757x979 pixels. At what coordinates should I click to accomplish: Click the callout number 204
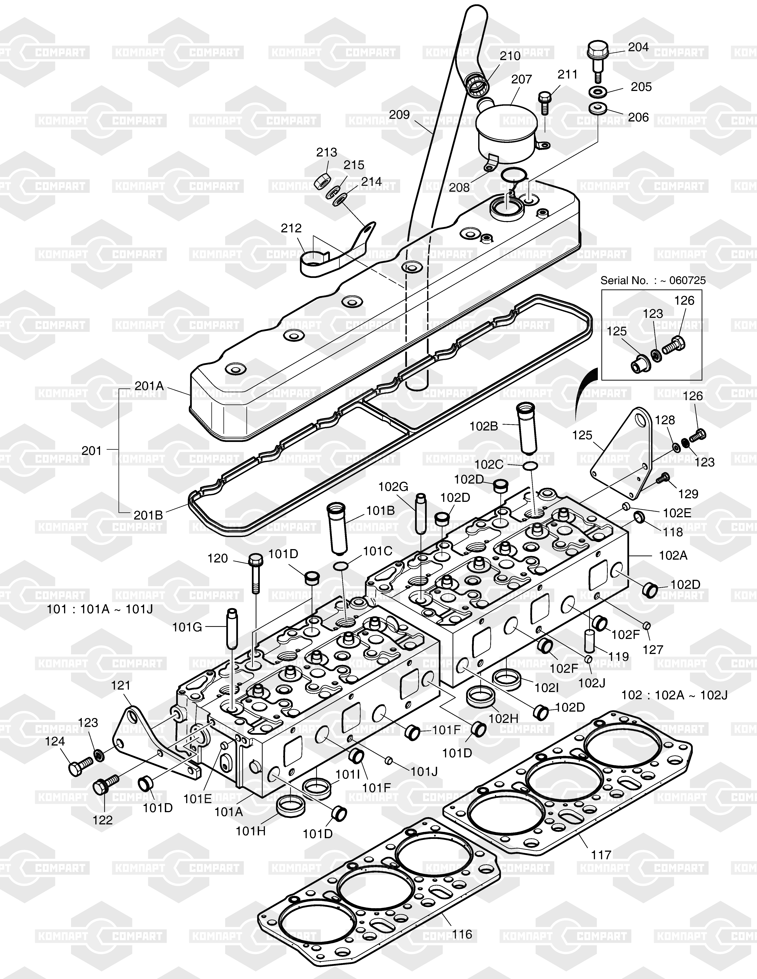pyautogui.click(x=638, y=47)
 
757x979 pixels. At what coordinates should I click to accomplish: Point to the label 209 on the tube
pyautogui.click(x=399, y=115)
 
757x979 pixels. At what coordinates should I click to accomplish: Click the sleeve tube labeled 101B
pyautogui.click(x=340, y=529)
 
